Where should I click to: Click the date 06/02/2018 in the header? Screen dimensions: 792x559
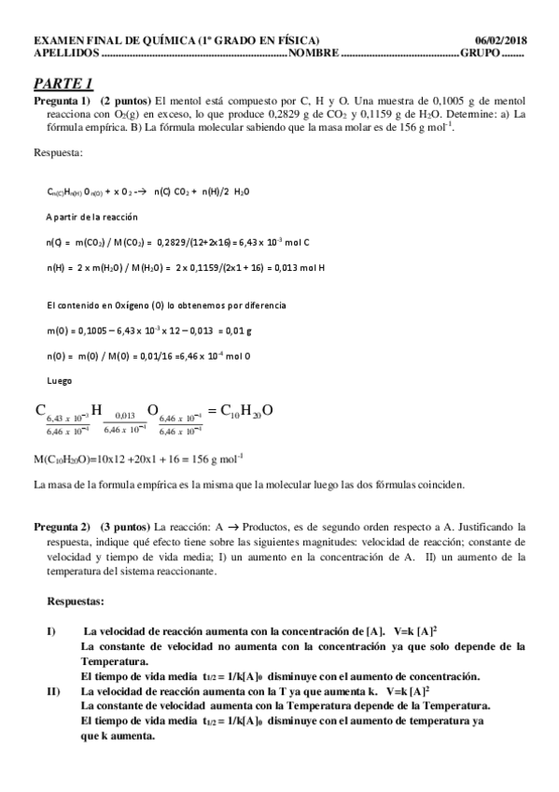(x=501, y=41)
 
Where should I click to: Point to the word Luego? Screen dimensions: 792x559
(x=60, y=380)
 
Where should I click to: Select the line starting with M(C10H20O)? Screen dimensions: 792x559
(x=138, y=458)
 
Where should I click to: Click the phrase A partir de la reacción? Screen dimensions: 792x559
(x=91, y=217)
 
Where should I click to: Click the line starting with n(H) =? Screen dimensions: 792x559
(x=186, y=268)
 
